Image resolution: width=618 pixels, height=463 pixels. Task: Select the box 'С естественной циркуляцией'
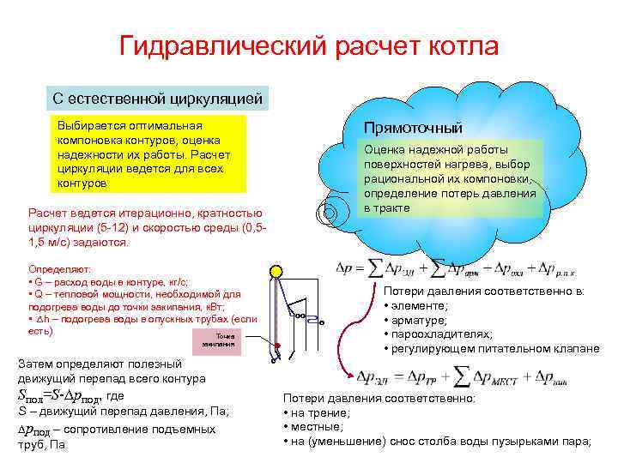coord(158,98)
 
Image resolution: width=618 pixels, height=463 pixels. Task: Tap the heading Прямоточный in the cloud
coord(414,127)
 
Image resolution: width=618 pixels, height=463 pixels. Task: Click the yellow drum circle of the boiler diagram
coord(275,273)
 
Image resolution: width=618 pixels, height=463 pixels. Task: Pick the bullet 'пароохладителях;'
coord(438,334)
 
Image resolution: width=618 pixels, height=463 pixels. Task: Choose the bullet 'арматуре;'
coord(420,320)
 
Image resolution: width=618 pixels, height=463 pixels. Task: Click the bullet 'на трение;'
coord(317,412)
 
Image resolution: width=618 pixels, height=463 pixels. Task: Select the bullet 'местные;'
coord(312,426)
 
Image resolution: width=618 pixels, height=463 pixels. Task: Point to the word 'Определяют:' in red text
coord(57,268)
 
